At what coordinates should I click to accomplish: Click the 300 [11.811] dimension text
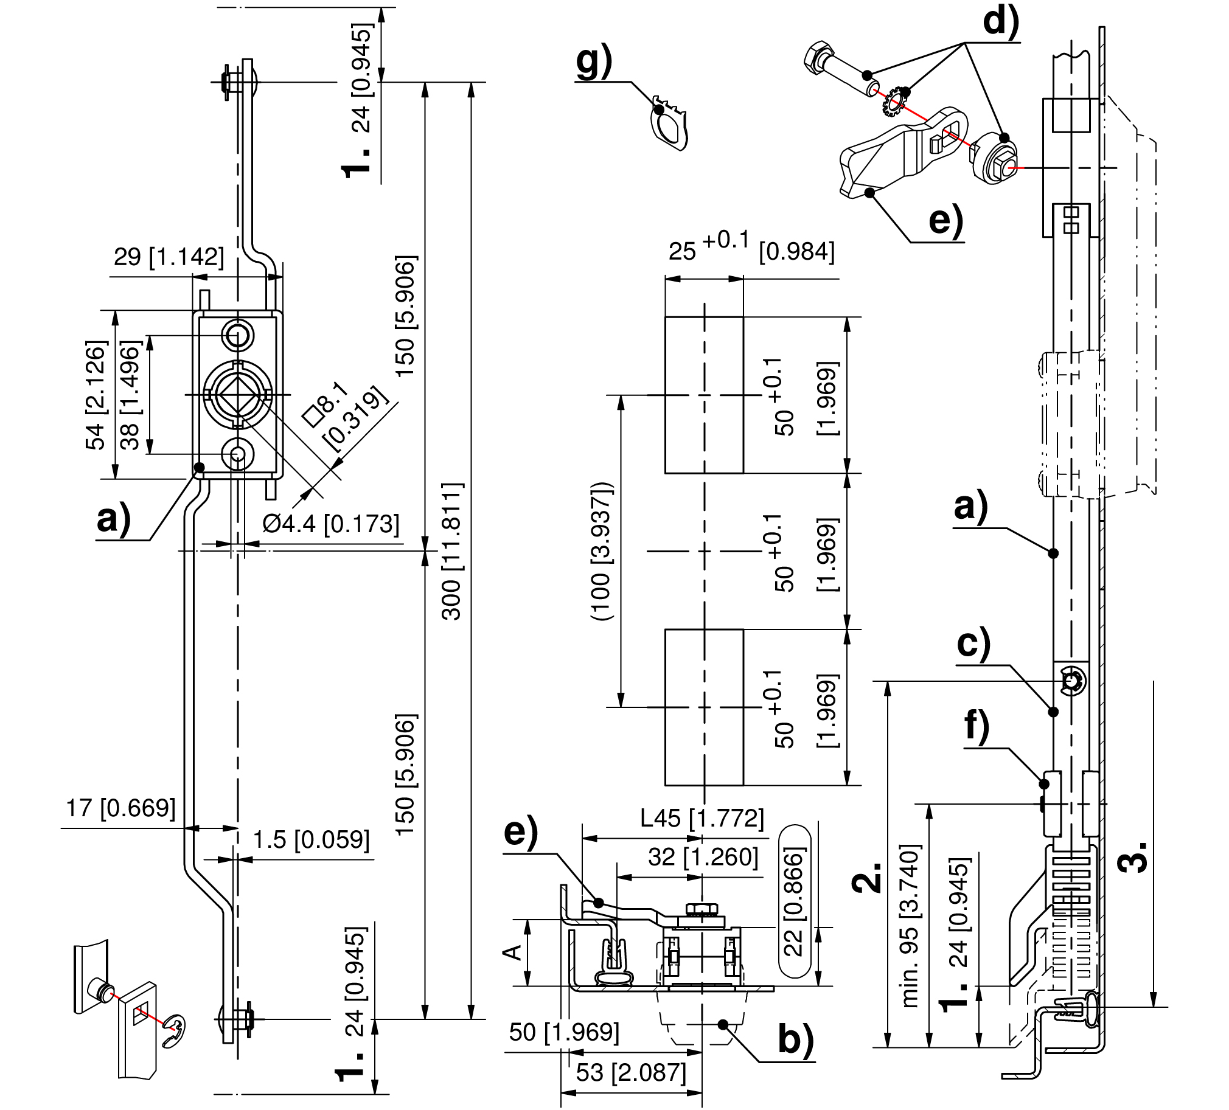[452, 551]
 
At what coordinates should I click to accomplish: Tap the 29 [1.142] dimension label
[169, 257]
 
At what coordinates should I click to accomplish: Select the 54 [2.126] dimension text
[96, 395]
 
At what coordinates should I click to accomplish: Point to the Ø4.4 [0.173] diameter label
[331, 523]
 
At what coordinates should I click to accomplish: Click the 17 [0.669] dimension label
[120, 808]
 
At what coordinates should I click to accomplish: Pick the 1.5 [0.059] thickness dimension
[311, 840]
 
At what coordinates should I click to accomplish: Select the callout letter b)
[796, 1041]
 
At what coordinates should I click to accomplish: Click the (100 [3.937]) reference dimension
[601, 551]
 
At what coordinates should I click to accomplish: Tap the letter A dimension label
[515, 951]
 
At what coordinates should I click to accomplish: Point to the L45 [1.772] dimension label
[702, 818]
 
